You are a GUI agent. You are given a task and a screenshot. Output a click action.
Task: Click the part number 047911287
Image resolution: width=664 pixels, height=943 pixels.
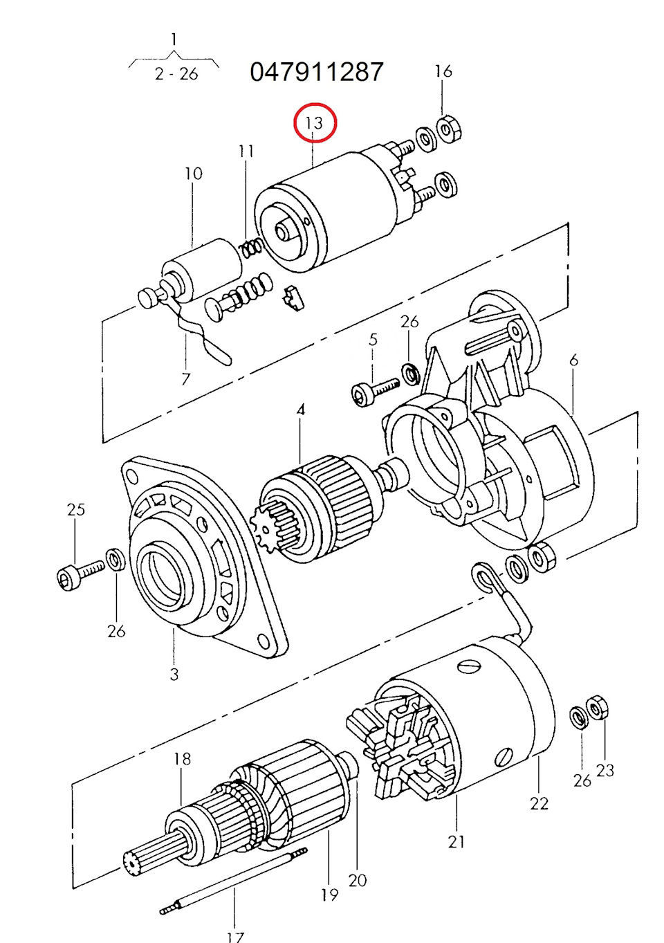pos(316,71)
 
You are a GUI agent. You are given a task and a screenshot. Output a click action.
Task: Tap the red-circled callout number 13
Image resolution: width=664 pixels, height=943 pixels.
pos(314,123)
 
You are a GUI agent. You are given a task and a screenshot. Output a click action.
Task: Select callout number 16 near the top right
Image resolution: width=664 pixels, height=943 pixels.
pos(443,71)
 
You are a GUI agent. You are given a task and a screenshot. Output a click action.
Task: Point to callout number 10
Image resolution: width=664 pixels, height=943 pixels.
pos(193,174)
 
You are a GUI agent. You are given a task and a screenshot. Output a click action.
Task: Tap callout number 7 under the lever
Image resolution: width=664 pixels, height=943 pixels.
pos(185,379)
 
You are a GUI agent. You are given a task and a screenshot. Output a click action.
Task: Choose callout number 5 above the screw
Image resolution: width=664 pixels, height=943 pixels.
pos(373,339)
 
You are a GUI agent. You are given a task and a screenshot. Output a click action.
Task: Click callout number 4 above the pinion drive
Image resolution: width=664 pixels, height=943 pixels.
pos(300,410)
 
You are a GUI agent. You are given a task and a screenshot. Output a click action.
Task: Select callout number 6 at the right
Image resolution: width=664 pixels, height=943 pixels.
pos(573,360)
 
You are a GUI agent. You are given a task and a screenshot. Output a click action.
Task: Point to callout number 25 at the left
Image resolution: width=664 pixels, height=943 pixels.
pos(76,510)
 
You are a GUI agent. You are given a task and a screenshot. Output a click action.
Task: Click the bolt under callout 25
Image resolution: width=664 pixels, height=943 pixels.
pos(80,574)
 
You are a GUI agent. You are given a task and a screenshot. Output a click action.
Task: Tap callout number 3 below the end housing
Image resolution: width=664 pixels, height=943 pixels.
pos(174,674)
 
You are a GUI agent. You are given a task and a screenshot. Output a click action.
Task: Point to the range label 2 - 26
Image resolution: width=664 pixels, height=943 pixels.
pos(176,74)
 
